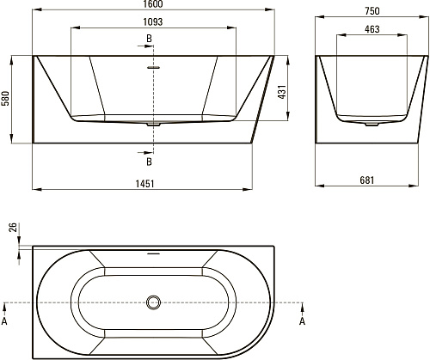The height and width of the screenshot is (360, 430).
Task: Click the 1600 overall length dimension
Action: pyautogui.click(x=153, y=3)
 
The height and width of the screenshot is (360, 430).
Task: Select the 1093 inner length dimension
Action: pyautogui.click(x=153, y=21)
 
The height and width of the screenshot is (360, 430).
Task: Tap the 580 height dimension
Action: pyautogui.click(x=6, y=98)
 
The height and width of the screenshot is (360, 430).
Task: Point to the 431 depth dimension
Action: pyautogui.click(x=282, y=92)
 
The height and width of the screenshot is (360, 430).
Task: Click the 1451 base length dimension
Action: pyautogui.click(x=144, y=184)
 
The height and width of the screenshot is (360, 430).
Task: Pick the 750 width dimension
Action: pyautogui.click(x=372, y=11)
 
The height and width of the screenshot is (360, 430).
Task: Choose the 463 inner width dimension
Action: pyautogui.click(x=372, y=29)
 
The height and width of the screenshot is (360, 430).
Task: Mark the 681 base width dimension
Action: pyautogui.click(x=367, y=180)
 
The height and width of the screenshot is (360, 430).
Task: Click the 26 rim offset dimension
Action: pyautogui.click(x=13, y=228)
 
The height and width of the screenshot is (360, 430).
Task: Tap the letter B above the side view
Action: pyautogui.click(x=149, y=39)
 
